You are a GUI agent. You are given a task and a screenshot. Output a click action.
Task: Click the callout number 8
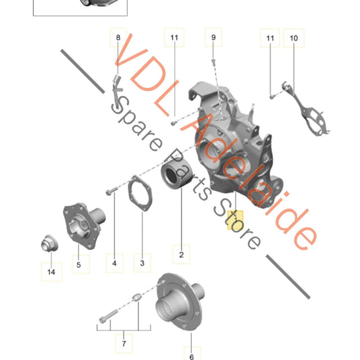118,37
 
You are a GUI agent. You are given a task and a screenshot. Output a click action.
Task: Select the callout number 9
213,37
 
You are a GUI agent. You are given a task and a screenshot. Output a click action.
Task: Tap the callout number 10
294,38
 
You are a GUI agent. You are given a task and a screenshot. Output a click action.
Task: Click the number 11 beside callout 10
270,38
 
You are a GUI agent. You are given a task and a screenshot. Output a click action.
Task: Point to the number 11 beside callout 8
174,37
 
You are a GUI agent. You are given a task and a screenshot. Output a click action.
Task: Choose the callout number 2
182,255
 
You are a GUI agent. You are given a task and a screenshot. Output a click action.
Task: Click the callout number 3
142,263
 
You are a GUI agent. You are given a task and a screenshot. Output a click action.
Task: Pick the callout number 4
114,263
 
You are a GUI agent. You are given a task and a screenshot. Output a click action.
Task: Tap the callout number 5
78,265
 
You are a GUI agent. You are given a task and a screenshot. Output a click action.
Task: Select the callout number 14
51,272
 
